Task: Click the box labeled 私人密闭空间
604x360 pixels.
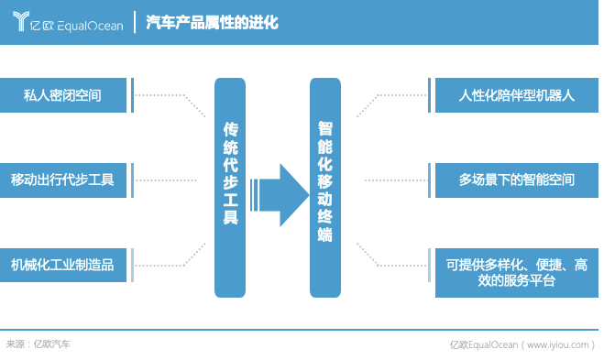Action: tap(63, 94)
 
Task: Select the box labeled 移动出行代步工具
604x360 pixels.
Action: tap(63, 180)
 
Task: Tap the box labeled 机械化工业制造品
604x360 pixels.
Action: tap(63, 265)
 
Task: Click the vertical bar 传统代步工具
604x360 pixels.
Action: tap(230, 187)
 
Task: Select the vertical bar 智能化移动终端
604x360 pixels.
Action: tap(325, 187)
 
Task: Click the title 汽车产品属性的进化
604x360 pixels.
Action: tap(213, 21)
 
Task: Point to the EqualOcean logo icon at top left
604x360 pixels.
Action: tap(23, 22)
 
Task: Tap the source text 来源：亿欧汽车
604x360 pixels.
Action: tap(38, 344)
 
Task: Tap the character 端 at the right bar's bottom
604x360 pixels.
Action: tap(325, 235)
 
